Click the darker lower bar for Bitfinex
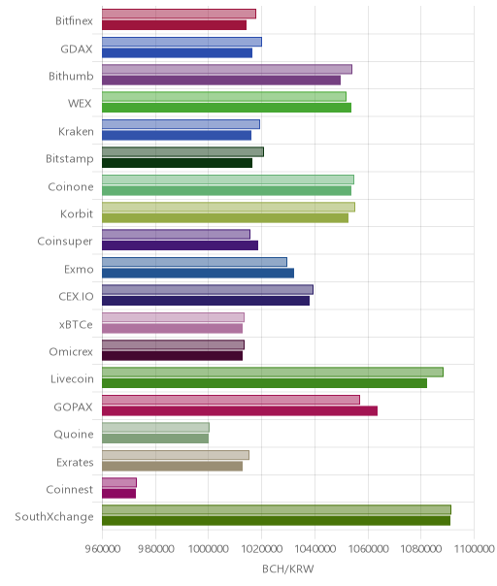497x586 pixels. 175,25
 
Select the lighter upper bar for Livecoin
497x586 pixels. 273,373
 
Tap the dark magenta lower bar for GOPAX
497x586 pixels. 240,411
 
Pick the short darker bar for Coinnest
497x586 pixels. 119,494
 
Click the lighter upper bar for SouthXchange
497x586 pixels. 277,509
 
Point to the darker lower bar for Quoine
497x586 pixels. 155,439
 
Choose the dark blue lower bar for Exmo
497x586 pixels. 198,274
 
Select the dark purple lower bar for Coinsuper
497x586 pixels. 180,245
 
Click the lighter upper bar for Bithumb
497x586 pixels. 227,69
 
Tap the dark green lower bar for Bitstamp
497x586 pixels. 178,163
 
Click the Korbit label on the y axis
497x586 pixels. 77,214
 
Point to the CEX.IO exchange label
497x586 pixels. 76,297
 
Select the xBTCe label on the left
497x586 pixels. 76,324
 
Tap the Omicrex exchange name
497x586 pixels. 71,352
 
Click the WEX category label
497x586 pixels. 80,104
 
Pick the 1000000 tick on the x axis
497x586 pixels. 208,549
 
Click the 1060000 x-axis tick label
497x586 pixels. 368,549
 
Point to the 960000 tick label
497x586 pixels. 103,549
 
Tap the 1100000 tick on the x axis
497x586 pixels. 474,549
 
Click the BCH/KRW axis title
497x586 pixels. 288,570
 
